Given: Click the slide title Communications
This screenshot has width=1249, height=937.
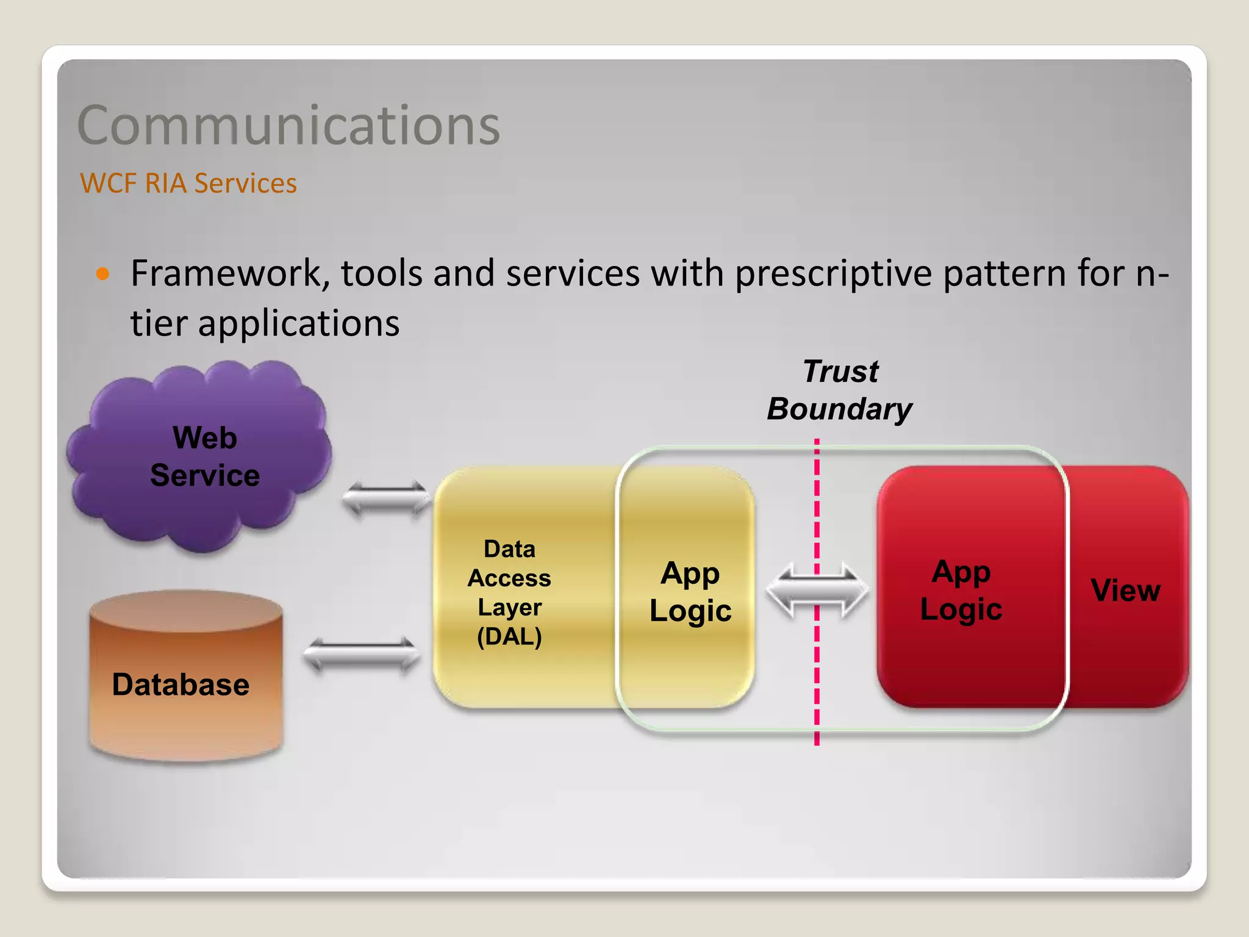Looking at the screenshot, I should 288,126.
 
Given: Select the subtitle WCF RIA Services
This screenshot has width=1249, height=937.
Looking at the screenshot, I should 188,183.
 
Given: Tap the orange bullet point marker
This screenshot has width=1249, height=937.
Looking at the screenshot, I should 102,273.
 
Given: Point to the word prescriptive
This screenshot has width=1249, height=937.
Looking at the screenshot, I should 833,274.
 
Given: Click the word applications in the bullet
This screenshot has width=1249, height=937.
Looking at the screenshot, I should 299,323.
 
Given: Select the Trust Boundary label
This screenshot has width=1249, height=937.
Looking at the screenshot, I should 840,390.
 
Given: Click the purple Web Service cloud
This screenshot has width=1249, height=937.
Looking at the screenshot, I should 201,458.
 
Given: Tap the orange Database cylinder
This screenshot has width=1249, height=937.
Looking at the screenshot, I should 186,677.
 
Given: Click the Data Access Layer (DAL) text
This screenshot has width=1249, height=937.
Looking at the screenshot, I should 509,592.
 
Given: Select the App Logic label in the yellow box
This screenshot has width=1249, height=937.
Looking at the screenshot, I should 690,592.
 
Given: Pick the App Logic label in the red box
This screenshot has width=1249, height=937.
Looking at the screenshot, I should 961,590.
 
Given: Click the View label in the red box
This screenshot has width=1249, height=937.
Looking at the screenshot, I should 1125,590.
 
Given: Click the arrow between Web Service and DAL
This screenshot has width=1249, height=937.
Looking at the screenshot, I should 387,498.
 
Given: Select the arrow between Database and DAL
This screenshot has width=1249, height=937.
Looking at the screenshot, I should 362,655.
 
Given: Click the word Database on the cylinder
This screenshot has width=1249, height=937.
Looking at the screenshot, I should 181,684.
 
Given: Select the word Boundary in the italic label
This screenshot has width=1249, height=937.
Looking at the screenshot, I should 840,409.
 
